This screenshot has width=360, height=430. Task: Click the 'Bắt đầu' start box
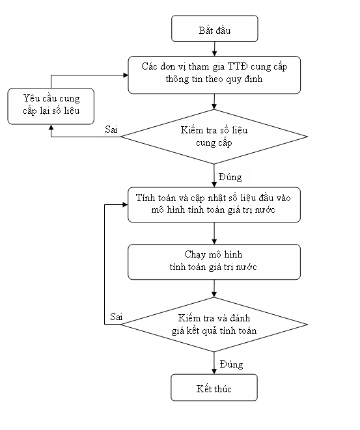coord(215,29)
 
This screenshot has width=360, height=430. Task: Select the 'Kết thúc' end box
coord(214,388)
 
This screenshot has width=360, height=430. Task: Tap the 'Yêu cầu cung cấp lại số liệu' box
coord(51,106)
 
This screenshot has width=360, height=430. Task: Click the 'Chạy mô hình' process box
coord(214,262)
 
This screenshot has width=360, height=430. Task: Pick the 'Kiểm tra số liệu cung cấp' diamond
coord(214,137)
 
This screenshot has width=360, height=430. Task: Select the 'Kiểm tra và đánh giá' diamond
coord(214,325)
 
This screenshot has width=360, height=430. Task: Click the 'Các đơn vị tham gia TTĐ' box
coord(214,75)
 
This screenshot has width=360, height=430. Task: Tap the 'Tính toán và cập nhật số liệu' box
coord(214,204)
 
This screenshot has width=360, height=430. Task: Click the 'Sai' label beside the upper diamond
coord(111,129)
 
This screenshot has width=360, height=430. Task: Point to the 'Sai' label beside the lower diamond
coord(117,317)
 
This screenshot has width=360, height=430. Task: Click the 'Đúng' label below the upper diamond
coord(230,176)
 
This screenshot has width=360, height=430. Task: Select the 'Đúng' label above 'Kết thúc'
coord(231,364)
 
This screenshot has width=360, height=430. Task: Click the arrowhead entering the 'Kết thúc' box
coord(214,371)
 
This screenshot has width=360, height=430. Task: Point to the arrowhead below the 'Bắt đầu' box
coord(214,53)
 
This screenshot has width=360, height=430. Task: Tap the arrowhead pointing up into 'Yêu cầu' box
coord(51,128)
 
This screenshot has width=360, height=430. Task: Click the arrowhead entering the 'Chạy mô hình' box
coord(214,241)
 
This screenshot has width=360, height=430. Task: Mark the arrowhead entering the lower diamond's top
coord(214,295)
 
